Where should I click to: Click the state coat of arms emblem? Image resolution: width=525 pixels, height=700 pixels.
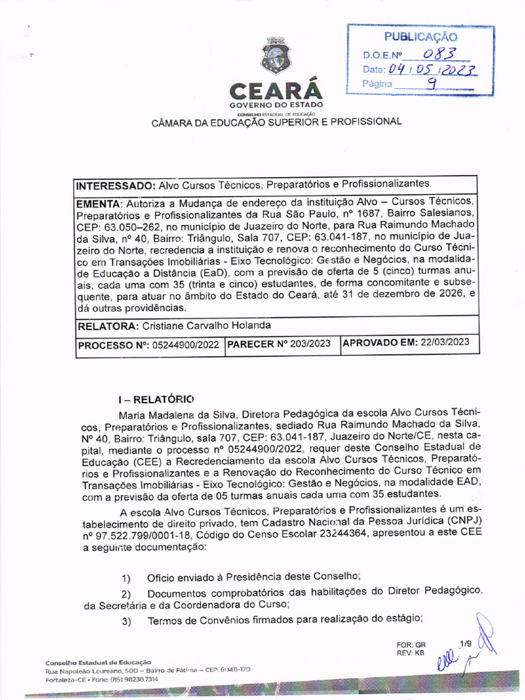[x=276, y=56]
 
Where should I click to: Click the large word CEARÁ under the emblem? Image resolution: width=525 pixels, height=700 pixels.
[x=275, y=91]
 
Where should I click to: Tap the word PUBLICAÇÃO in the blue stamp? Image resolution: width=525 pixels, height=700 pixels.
[x=420, y=37]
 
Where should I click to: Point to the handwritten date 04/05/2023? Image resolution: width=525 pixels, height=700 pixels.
[x=432, y=70]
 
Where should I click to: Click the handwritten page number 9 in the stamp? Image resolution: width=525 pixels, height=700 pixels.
[x=432, y=84]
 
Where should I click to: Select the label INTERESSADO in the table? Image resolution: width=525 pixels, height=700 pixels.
[x=116, y=185]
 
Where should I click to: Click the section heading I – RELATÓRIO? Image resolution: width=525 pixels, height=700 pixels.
[x=156, y=399]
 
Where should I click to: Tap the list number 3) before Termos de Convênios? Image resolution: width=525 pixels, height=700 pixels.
[x=126, y=621]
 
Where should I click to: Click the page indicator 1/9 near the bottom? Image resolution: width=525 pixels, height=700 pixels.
[x=466, y=643]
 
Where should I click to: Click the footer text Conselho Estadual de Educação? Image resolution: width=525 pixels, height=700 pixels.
[x=98, y=663]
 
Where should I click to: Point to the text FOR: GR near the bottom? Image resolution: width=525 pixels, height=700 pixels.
[x=410, y=645]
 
